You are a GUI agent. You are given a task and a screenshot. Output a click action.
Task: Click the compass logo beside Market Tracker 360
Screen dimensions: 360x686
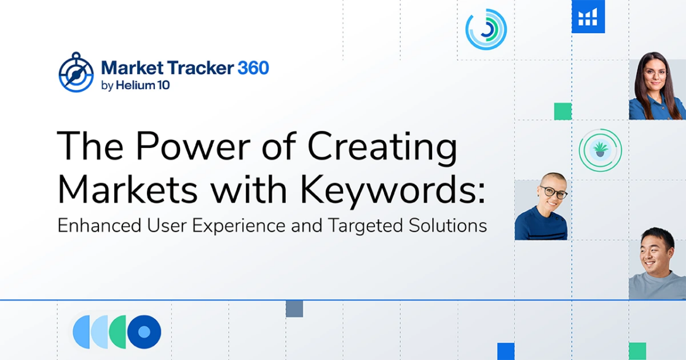coord(76,72)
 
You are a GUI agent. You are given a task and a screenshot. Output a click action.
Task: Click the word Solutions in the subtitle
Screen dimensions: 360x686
coord(447,226)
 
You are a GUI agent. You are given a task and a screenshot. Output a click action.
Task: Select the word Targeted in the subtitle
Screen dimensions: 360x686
coord(374,226)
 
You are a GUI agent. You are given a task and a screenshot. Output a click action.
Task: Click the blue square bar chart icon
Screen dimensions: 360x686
coord(588,17)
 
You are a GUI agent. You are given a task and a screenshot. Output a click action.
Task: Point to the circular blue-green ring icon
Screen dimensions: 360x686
coord(486,28)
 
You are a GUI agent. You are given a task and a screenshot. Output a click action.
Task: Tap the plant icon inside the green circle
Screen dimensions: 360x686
coord(600,149)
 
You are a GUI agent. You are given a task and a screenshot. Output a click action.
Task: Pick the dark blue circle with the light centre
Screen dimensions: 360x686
coord(144,332)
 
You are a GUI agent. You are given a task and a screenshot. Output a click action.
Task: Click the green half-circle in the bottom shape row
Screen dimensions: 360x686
coord(116,332)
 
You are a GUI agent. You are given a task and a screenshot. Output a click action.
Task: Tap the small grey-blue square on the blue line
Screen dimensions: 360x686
coord(294,308)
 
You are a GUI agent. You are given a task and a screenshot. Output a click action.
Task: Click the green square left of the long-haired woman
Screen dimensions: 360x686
coord(562,111)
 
